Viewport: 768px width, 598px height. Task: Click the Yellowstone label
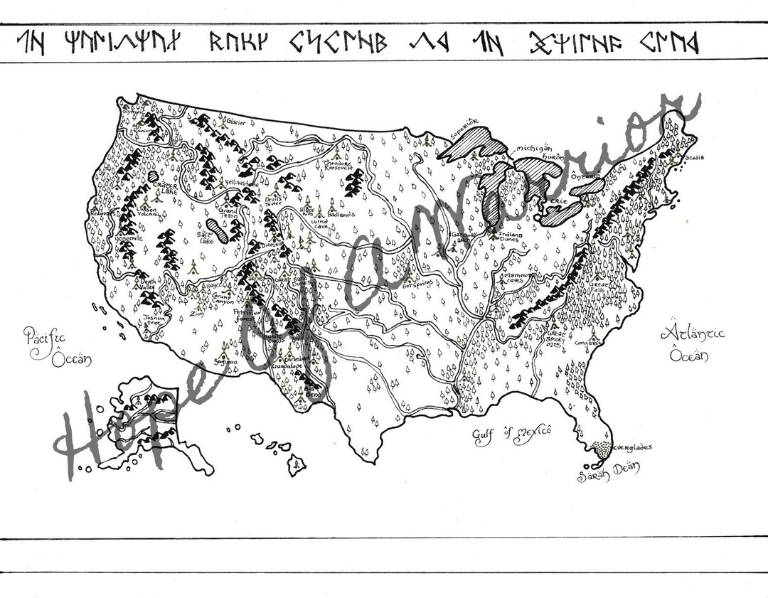240,183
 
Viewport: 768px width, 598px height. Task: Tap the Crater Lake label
164,188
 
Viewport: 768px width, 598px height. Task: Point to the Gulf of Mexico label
513,434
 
